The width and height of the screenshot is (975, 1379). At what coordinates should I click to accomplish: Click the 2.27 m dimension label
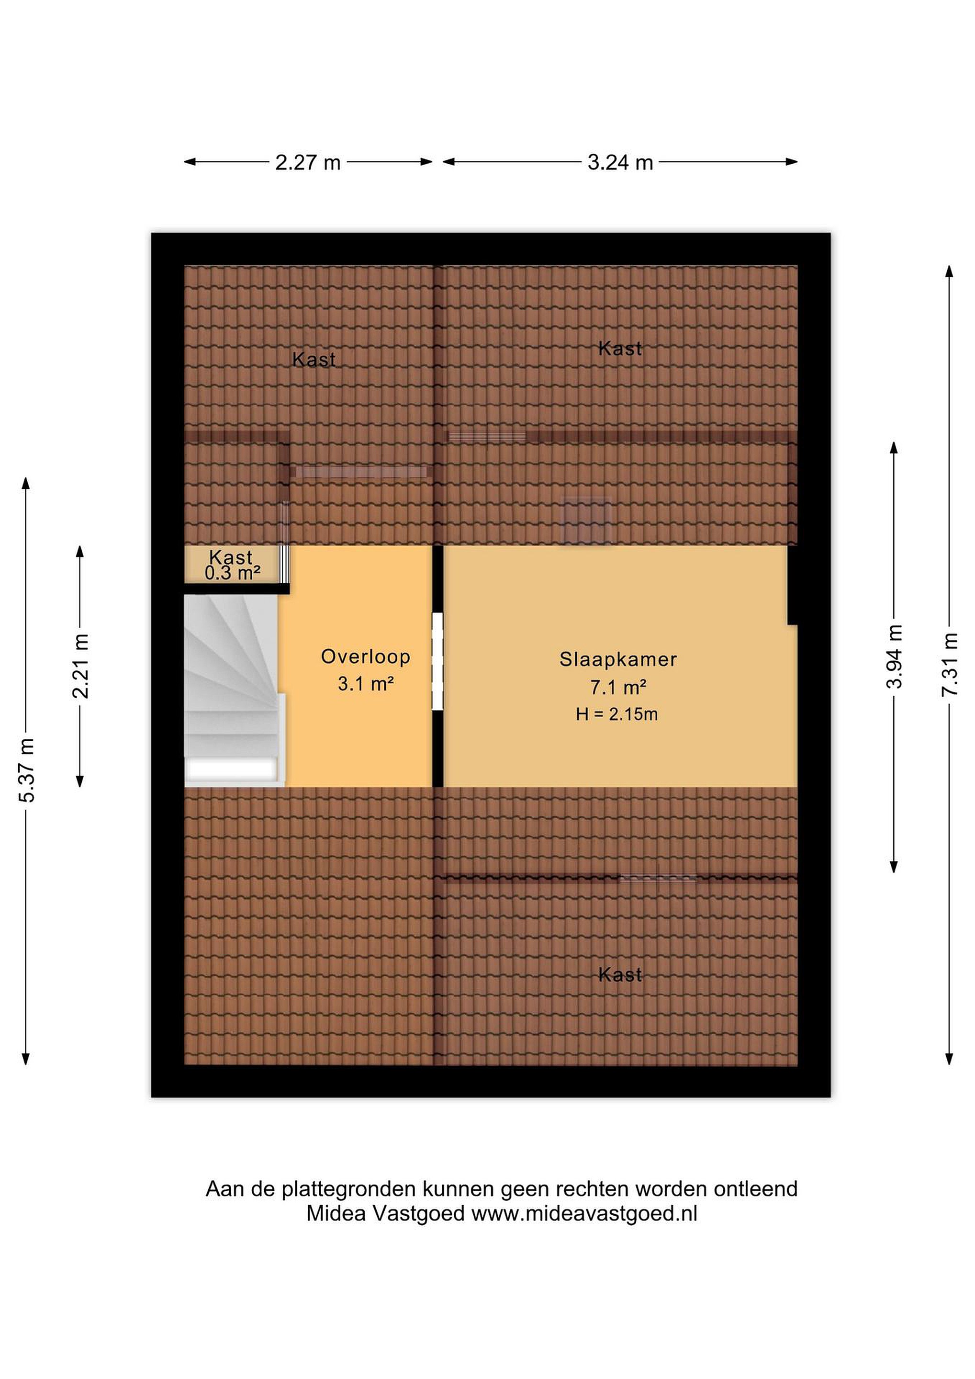tap(307, 162)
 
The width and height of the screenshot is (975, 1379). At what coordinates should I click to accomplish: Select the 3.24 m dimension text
tap(620, 162)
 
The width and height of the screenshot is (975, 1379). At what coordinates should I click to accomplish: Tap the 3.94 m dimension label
tap(895, 656)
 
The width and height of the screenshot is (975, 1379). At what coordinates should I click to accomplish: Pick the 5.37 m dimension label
tap(27, 770)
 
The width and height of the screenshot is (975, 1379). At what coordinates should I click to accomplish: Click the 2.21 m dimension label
tap(80, 666)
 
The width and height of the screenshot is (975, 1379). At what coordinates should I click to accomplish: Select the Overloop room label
tap(366, 656)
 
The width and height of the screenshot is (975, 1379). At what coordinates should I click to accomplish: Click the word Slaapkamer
tap(618, 659)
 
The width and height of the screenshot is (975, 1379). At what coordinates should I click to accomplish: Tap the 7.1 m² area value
tap(618, 687)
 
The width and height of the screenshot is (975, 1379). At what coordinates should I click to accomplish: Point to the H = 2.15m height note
tap(617, 714)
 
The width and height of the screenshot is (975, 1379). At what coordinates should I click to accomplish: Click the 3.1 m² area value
tap(366, 683)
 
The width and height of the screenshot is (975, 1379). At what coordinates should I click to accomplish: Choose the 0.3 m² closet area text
tap(232, 574)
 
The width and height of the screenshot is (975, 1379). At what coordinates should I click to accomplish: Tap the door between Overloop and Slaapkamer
tap(437, 661)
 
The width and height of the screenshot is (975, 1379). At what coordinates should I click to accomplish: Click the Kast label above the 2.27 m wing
tap(314, 360)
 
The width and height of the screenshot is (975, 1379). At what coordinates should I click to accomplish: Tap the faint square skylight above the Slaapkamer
tap(586, 521)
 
